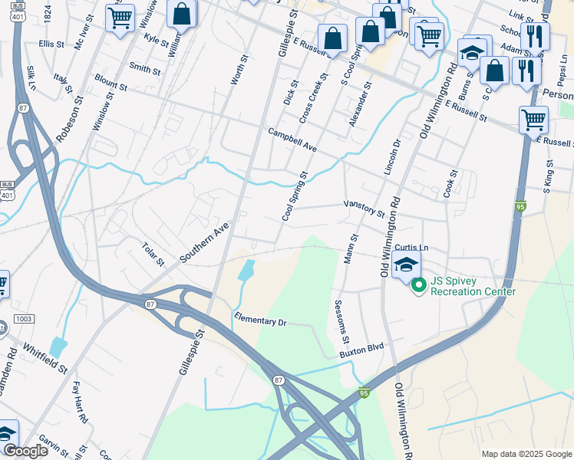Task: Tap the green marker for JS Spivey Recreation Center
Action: tap(419, 287)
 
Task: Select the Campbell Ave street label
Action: tap(292, 139)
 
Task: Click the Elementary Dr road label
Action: tap(260, 320)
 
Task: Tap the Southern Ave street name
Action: tap(205, 243)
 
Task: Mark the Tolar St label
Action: tap(153, 255)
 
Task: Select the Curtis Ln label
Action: tap(412, 248)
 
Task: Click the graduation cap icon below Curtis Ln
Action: tap(404, 265)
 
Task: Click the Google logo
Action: tap(25, 450)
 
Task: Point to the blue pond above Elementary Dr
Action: tap(246, 269)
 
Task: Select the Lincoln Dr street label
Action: tap(392, 156)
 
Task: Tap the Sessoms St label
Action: tap(342, 323)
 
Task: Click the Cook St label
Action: tap(449, 184)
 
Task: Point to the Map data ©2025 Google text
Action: tap(526, 454)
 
